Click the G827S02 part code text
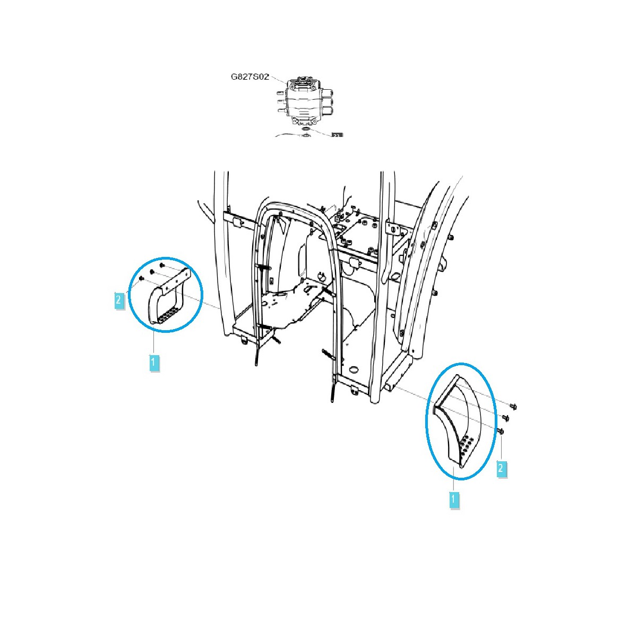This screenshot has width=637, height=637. click(x=249, y=76)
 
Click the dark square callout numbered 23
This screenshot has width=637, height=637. click(x=336, y=136)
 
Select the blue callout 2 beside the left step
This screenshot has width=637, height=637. click(x=119, y=300)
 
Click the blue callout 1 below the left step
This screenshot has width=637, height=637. click(x=153, y=363)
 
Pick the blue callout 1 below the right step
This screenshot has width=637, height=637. click(x=454, y=500)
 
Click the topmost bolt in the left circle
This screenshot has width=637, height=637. click(x=162, y=265)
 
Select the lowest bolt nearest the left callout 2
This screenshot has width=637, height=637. click(x=141, y=278)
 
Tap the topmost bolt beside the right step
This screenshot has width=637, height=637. click(x=513, y=407)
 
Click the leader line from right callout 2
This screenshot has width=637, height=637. click(x=501, y=449)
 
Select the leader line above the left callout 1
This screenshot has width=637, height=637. click(x=153, y=342)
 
